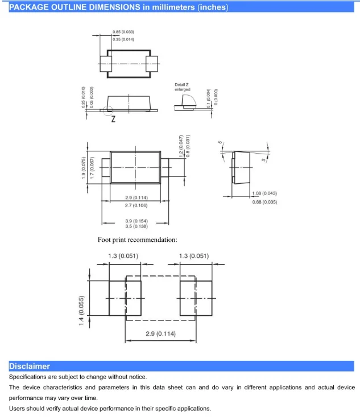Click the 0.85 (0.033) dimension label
click(x=123, y=32)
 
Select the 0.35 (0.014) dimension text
click(x=123, y=39)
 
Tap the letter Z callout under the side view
click(x=113, y=119)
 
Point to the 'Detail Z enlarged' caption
click(x=182, y=87)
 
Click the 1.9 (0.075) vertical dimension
click(x=84, y=167)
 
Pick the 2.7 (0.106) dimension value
click(x=136, y=204)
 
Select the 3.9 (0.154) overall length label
click(x=136, y=220)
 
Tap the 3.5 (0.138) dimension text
click(x=136, y=226)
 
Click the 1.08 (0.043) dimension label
click(x=264, y=194)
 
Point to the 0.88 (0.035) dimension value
click(x=264, y=202)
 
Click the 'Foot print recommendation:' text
click(x=137, y=240)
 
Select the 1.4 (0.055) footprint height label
click(x=82, y=311)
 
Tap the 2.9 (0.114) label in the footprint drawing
click(x=160, y=333)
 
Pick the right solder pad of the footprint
click(x=196, y=298)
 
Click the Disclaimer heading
click(x=30, y=366)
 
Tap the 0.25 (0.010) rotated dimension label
click(x=84, y=97)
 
